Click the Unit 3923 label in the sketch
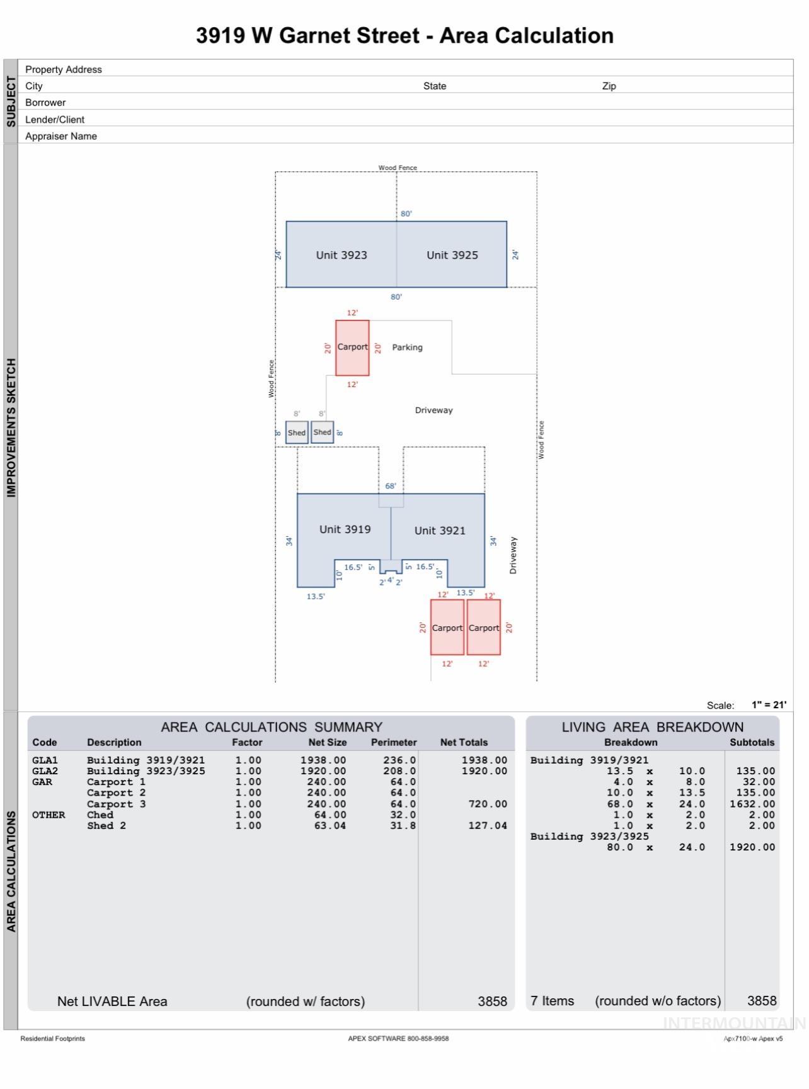341,255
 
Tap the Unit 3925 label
452,255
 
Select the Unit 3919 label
345,529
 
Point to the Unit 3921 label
440,531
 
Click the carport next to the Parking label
352,347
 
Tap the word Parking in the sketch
407,347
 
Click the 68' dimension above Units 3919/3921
391,486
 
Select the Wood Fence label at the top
398,167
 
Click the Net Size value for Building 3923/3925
323,771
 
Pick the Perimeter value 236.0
399,760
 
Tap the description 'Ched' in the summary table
100,815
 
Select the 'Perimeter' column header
394,743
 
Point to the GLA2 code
45,771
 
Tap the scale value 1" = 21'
769,705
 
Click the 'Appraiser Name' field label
61,136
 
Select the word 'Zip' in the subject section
609,86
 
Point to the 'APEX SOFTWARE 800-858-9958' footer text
398,1039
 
